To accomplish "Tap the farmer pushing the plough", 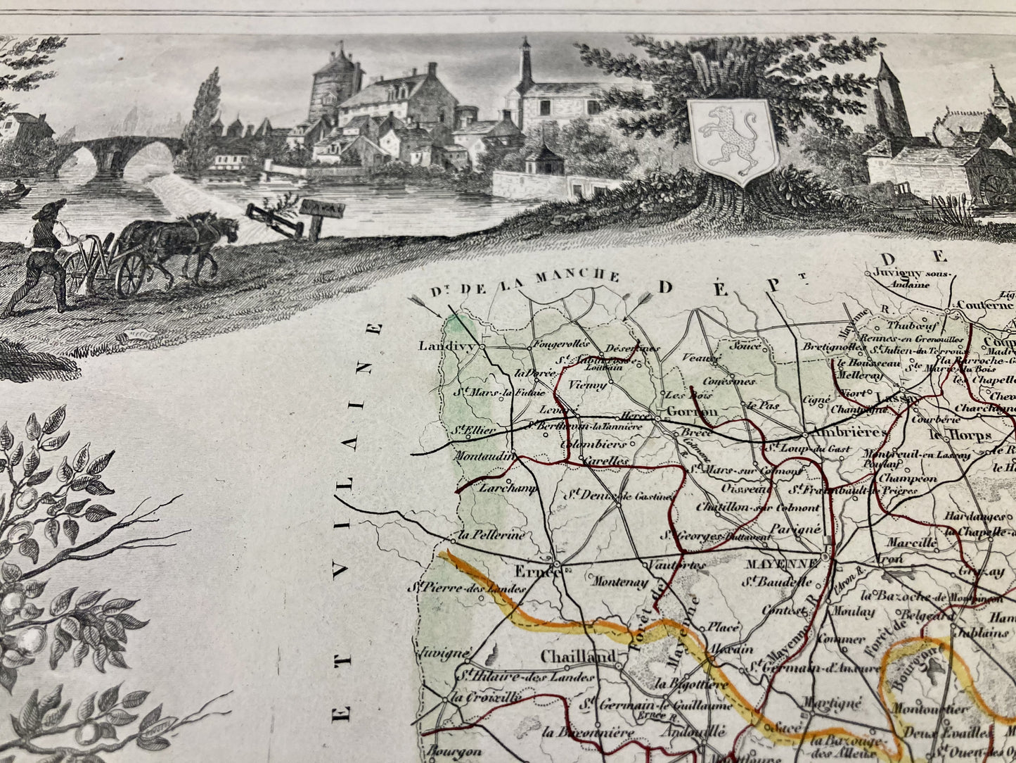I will (46, 253).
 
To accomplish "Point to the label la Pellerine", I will (491, 534).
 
